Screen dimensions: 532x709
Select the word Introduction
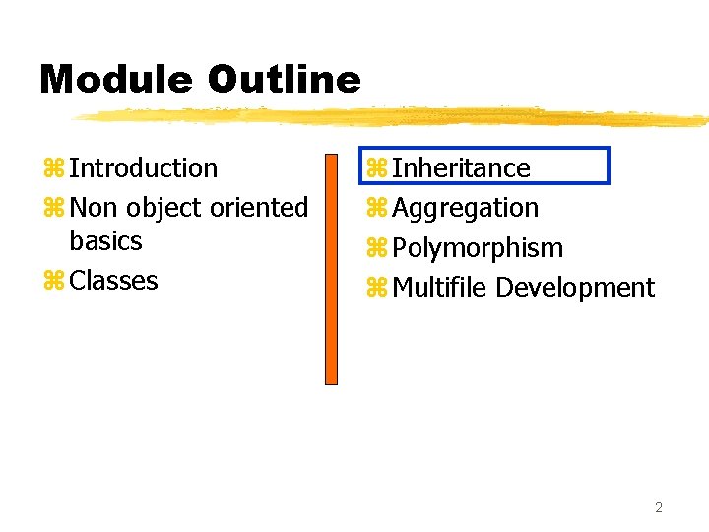click(x=144, y=168)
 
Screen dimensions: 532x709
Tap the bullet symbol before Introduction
click(x=52, y=169)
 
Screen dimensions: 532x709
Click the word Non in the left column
click(x=95, y=209)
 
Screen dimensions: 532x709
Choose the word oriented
click(x=260, y=209)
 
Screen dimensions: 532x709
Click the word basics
click(x=105, y=241)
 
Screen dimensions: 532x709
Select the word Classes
click(x=114, y=281)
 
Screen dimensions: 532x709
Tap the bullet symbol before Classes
click(x=52, y=282)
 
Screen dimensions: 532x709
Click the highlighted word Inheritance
click(x=461, y=168)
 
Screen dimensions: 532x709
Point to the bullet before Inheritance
click(x=375, y=169)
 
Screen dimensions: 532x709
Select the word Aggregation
click(x=466, y=209)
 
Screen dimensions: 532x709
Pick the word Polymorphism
click(x=478, y=248)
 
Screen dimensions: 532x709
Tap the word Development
click(x=575, y=288)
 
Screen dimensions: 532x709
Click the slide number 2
click(x=659, y=507)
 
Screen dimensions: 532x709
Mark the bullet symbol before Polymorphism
click(x=375, y=249)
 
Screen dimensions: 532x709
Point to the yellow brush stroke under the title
click(x=394, y=117)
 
